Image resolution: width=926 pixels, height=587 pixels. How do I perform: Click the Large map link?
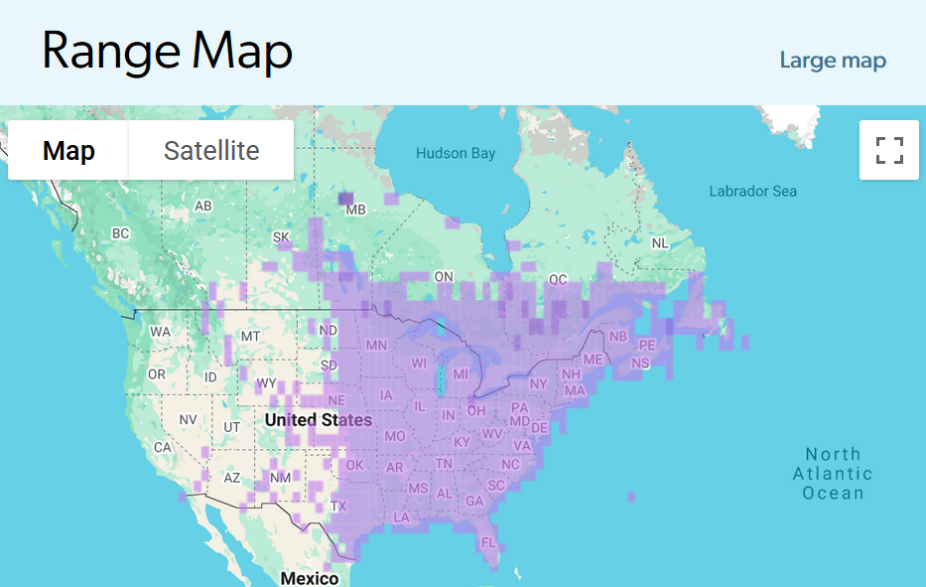coord(832,61)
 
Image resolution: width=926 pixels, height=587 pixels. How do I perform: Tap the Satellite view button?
coord(211,151)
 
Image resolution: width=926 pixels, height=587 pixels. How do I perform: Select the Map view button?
coord(68,151)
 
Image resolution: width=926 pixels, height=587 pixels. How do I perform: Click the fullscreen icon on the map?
coord(889,151)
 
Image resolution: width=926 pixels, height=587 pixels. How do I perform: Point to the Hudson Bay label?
coord(455,154)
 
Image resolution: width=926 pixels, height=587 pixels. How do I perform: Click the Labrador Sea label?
coord(752,191)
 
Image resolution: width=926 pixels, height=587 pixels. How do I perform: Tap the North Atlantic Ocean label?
coord(833,473)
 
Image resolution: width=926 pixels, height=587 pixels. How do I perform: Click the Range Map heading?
coord(167,51)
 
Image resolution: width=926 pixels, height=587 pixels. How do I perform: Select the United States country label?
coord(318,420)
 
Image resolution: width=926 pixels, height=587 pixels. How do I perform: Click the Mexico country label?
coord(309,578)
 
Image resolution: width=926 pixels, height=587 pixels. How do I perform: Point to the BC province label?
coord(120,233)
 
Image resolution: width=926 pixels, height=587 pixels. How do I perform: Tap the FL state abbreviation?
coord(487,543)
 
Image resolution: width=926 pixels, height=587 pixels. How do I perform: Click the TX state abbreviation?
coord(339,506)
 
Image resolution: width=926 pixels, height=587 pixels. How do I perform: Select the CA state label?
coord(163,447)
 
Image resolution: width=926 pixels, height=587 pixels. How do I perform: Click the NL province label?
coord(659,243)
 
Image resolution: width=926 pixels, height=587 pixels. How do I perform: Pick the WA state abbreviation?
coord(160,332)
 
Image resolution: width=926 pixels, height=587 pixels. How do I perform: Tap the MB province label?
coord(355,211)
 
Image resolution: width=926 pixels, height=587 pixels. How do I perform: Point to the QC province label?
coord(558,280)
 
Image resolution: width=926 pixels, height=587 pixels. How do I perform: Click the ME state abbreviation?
coord(593,360)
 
